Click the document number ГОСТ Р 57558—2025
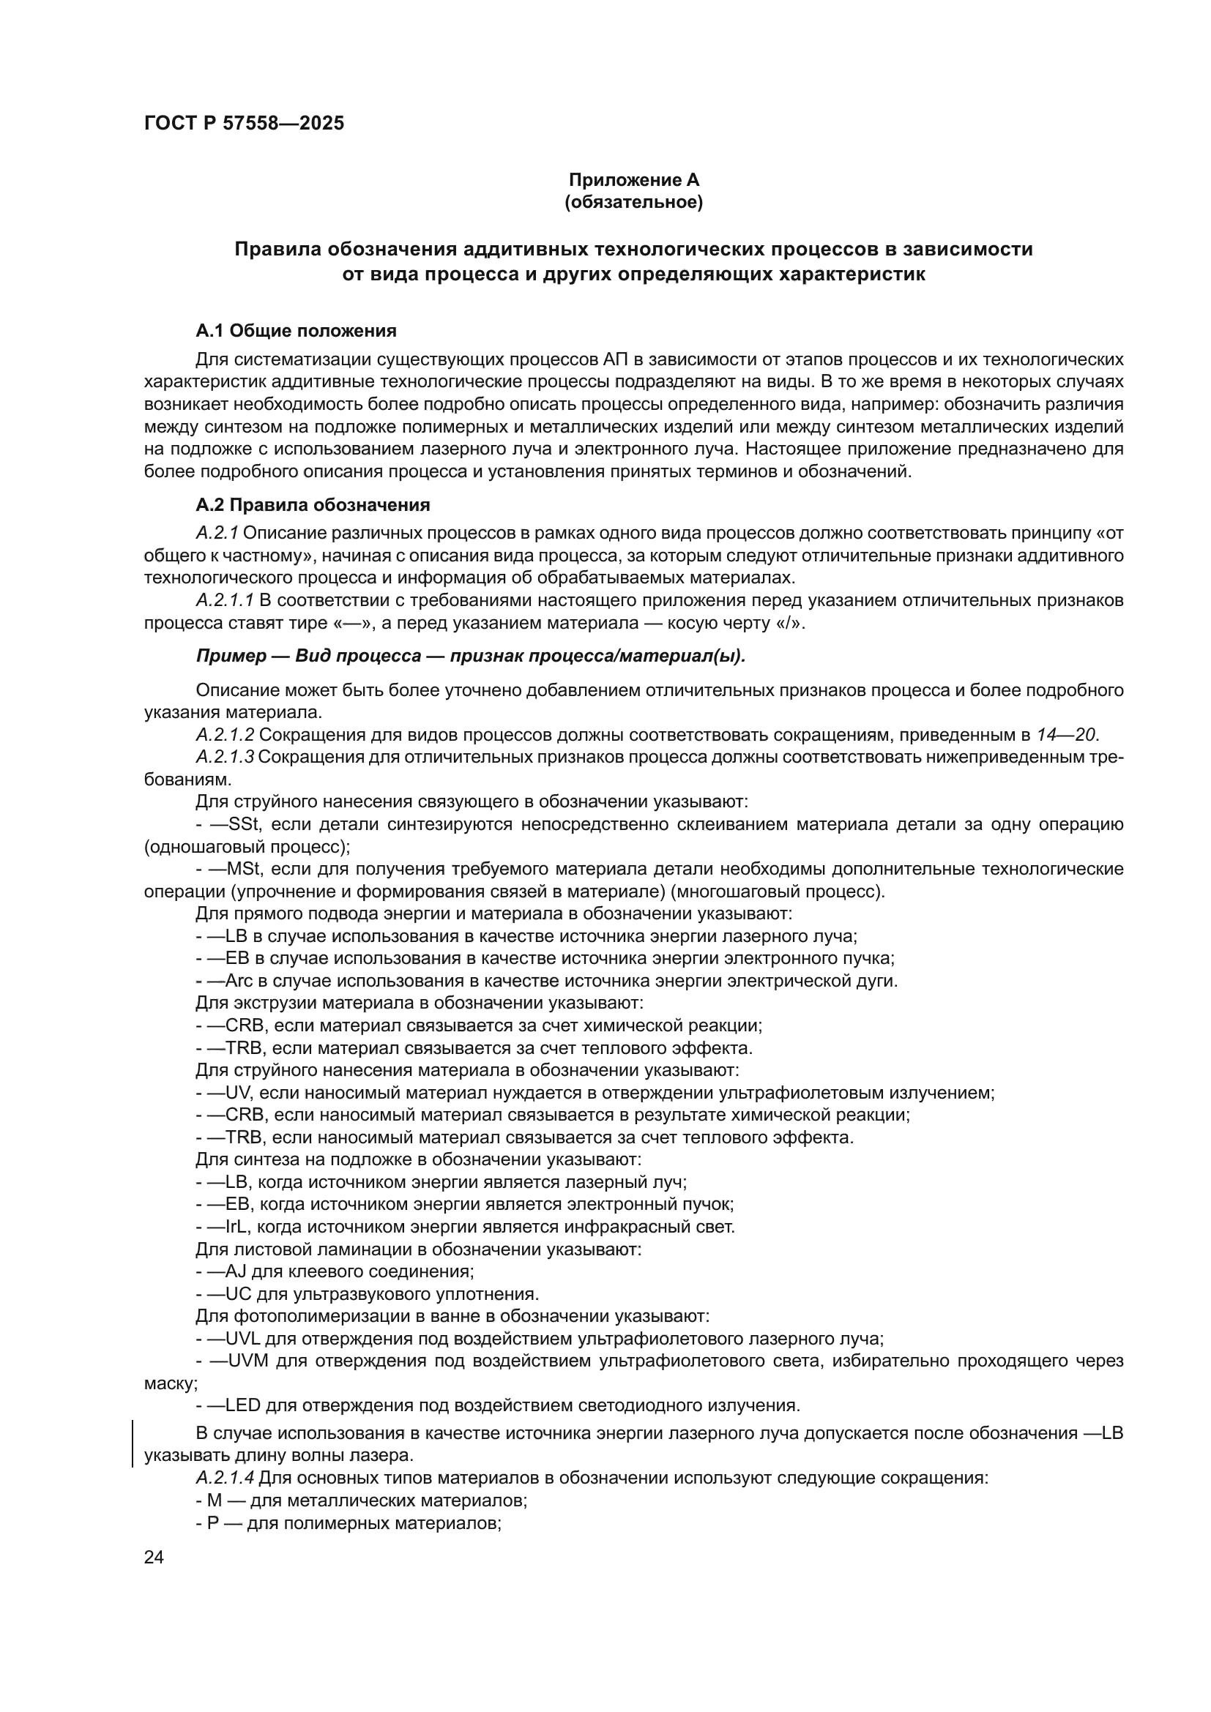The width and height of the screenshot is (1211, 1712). pyautogui.click(x=244, y=124)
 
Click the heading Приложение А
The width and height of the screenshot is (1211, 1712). pyautogui.click(x=634, y=180)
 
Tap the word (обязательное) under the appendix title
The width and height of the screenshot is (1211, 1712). pyautogui.click(x=634, y=202)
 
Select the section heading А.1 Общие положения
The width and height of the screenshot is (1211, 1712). pyautogui.click(x=296, y=330)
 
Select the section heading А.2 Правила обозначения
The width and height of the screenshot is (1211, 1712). pyautogui.click(x=313, y=505)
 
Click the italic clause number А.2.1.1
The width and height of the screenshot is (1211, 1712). pyautogui.click(x=225, y=600)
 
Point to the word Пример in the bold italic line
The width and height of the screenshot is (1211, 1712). pyautogui.click(x=231, y=656)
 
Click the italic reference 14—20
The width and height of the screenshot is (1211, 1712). pyautogui.click(x=1065, y=734)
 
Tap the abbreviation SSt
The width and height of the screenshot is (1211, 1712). pyautogui.click(x=244, y=824)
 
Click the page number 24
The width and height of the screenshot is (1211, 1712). pyautogui.click(x=154, y=1557)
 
